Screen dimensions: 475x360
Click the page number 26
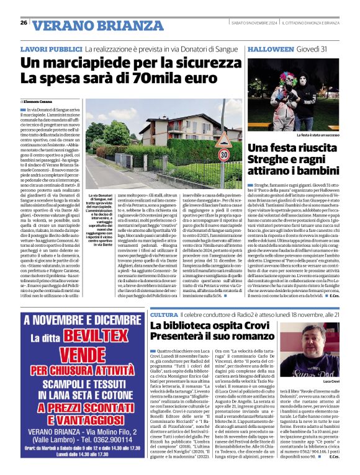(x=24, y=23)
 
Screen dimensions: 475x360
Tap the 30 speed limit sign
(x=223, y=154)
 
